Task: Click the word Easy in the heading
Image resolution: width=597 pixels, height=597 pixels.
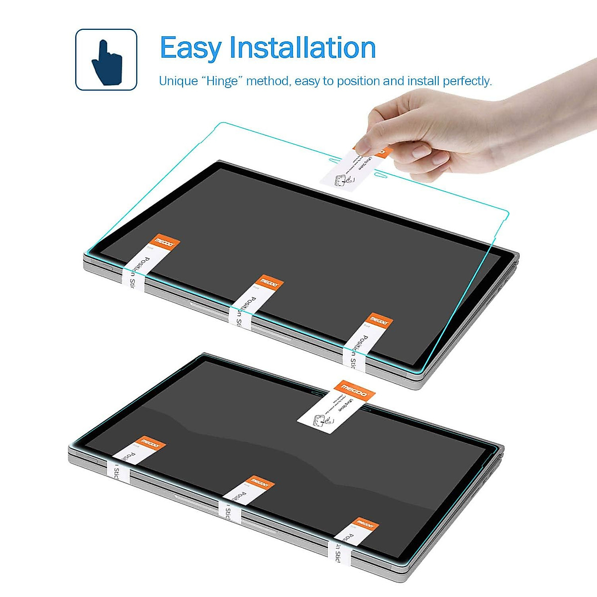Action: click(191, 48)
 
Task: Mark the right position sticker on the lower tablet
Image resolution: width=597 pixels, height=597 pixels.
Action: click(351, 540)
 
